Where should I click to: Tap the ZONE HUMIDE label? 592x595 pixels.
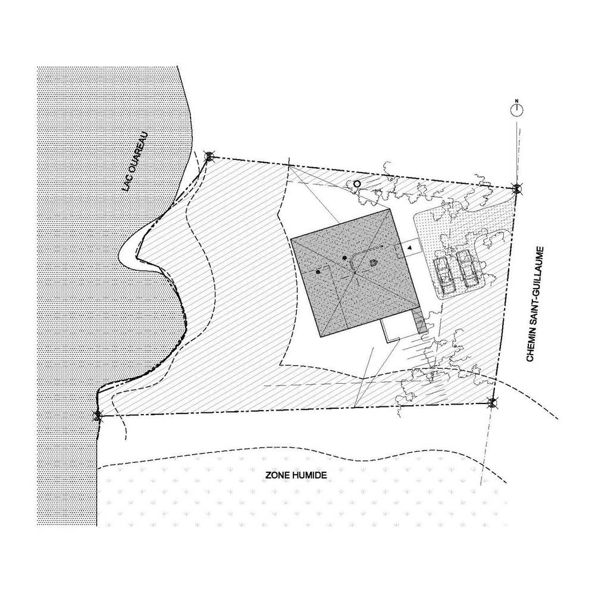point(296,475)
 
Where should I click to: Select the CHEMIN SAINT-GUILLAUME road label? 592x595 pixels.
point(535,304)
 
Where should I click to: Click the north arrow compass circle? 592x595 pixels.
point(516,109)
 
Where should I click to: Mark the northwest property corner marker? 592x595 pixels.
point(209,156)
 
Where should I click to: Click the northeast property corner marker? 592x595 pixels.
point(516,188)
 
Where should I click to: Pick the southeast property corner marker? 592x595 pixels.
point(492,403)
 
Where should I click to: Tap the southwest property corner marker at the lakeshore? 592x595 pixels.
point(98,416)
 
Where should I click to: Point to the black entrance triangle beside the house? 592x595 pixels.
point(410,248)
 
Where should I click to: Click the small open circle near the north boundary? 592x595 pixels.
point(356,184)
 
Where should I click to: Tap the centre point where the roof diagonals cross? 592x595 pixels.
point(355,273)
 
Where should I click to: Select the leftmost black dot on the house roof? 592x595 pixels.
point(318,272)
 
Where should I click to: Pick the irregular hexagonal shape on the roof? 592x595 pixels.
point(374,262)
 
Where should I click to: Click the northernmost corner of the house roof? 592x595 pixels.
point(390,209)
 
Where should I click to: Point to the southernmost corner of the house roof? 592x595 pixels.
point(321,337)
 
